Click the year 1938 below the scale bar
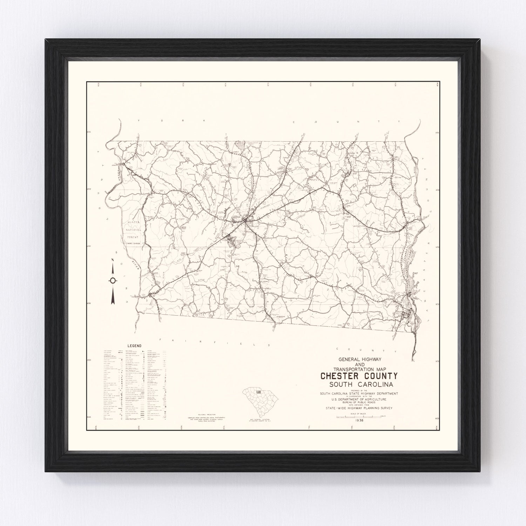tap(359, 420)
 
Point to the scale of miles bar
tap(359, 416)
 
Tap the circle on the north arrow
tap(113, 280)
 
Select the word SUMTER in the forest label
tap(131, 223)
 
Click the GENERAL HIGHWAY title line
tap(359, 360)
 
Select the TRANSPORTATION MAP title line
tap(359, 369)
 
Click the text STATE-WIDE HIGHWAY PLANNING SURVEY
tap(359, 408)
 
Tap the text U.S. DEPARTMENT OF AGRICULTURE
tap(359, 399)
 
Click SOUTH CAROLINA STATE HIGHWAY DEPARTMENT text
tap(359, 393)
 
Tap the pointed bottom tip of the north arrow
tap(113, 304)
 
